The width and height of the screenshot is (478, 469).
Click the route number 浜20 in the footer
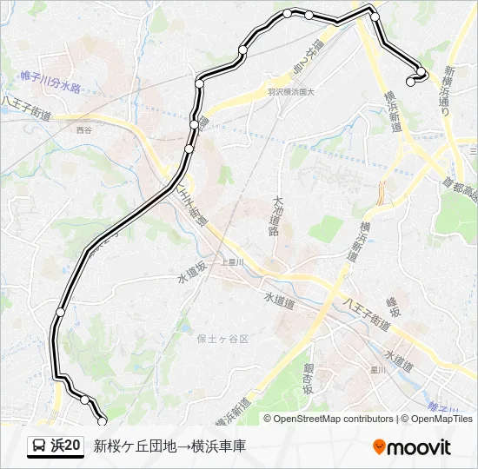pos(66,446)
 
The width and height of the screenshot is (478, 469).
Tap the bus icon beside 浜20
pos(40,446)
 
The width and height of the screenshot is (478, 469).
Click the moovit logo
pos(412,447)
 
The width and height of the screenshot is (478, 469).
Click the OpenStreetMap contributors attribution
pos(334,419)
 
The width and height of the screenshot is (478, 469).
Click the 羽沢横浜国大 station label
pos(291,90)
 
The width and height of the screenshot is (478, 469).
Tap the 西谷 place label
pos(83,129)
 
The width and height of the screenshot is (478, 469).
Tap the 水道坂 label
pos(189,275)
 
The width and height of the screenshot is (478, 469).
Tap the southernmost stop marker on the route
pos(103,421)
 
